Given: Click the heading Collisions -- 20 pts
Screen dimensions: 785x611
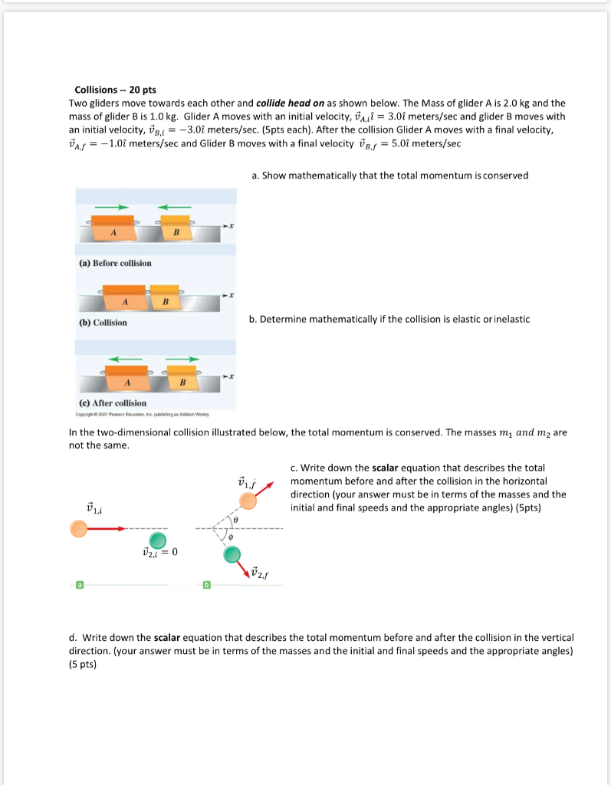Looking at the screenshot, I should tap(115, 90).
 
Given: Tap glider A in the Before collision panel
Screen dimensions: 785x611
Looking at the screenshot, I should tap(113, 229).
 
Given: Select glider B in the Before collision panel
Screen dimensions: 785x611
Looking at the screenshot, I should tap(176, 229).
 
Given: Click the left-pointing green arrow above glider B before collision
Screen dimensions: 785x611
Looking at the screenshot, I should tap(174, 206).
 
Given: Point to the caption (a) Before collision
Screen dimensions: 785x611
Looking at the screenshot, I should tap(115, 263).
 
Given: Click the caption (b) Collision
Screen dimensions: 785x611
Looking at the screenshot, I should tap(103, 323).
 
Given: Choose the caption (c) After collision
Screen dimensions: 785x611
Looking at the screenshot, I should tap(113, 402).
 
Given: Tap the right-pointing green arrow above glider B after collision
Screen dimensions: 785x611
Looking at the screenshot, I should tap(182, 358).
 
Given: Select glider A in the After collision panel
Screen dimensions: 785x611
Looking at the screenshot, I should tap(126, 380).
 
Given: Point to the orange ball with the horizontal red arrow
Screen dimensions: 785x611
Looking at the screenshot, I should tap(78, 528).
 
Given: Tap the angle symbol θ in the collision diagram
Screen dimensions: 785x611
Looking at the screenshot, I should tap(236, 520).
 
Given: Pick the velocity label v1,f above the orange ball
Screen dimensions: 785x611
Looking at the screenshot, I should tap(247, 483).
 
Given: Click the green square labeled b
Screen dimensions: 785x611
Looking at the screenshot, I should tap(205, 586).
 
